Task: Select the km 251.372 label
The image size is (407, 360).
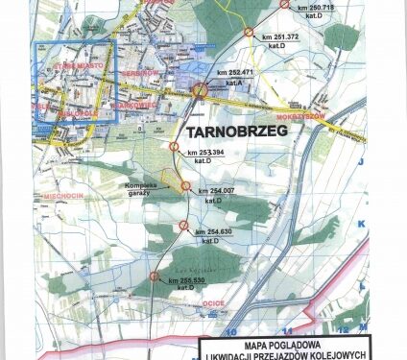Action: [x=280, y=37]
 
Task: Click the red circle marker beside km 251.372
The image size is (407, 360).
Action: [x=249, y=34]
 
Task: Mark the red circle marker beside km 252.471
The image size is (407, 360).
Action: [x=201, y=91]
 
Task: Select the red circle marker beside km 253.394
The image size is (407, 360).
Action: [x=174, y=147]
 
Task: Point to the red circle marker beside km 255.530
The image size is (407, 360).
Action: [x=156, y=276]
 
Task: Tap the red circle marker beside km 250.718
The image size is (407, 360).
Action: [x=285, y=5]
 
